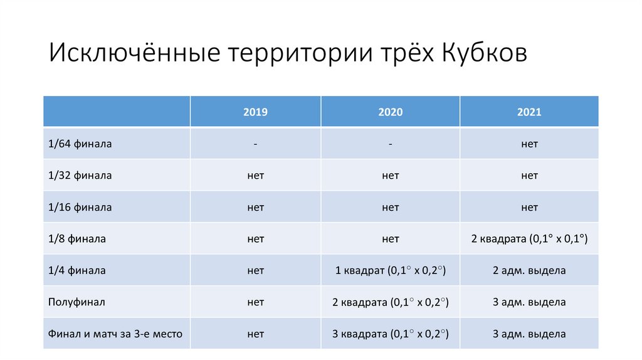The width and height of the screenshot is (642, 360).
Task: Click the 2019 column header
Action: (x=255, y=112)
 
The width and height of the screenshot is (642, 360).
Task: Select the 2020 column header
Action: (x=390, y=112)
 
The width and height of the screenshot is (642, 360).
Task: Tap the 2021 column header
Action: (x=529, y=112)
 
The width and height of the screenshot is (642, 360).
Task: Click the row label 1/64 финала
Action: (x=80, y=144)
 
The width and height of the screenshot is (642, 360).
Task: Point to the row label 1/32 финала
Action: (x=80, y=176)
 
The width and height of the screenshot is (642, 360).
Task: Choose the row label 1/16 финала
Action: (x=80, y=207)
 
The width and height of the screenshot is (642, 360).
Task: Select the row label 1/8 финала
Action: (x=76, y=239)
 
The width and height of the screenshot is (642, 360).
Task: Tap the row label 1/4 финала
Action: (x=76, y=271)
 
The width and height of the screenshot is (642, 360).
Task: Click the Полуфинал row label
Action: (x=76, y=302)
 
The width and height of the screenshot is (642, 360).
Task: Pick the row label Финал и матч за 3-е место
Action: (x=115, y=334)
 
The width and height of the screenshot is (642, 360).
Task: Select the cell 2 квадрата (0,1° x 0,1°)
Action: (x=529, y=239)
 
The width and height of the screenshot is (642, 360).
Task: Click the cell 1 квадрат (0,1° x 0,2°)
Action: (x=390, y=271)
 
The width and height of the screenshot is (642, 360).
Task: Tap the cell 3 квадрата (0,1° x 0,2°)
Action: (x=390, y=334)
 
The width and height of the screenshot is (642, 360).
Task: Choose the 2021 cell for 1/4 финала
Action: (x=529, y=271)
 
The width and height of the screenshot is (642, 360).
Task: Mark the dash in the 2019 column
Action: (x=255, y=144)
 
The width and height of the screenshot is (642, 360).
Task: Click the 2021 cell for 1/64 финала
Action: (x=529, y=144)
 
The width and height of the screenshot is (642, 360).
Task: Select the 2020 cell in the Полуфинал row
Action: (x=390, y=302)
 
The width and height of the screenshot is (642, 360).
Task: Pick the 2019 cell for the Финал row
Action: (x=255, y=334)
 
